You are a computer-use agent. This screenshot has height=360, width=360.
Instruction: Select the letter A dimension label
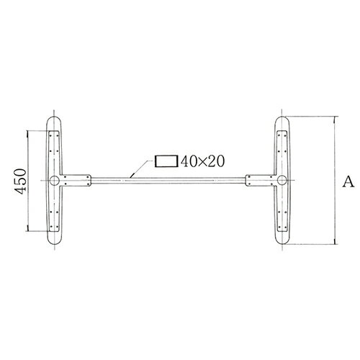[347, 182]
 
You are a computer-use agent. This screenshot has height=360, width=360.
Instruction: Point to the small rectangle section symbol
[166, 161]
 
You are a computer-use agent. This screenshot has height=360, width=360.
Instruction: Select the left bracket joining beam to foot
[77, 180]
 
